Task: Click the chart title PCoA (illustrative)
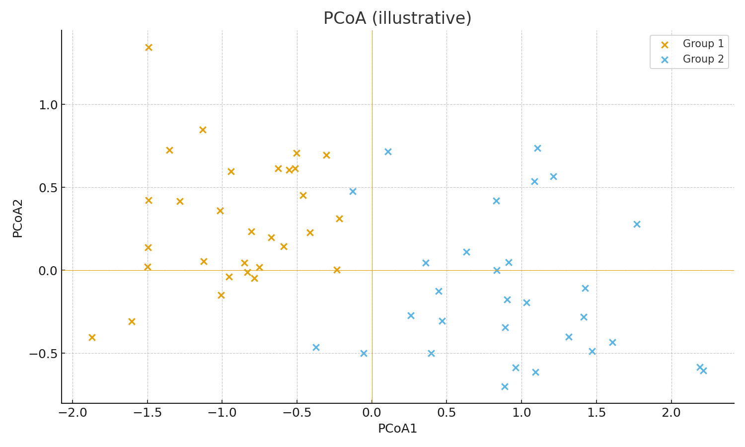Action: pyautogui.click(x=397, y=18)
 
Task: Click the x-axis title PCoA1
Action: pyautogui.click(x=397, y=429)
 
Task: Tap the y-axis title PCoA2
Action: pyautogui.click(x=18, y=218)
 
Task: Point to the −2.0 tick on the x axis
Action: pyautogui.click(x=73, y=413)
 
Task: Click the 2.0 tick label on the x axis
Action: pyautogui.click(x=671, y=413)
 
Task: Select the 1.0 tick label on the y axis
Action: pyautogui.click(x=48, y=105)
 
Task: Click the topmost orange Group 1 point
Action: pyautogui.click(x=149, y=47)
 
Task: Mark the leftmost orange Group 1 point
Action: pyautogui.click(x=92, y=337)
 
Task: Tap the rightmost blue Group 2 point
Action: pyautogui.click(x=703, y=371)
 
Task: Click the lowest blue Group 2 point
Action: pyautogui.click(x=505, y=386)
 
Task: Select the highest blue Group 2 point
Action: pyautogui.click(x=537, y=148)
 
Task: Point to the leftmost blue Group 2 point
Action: pyautogui.click(x=316, y=347)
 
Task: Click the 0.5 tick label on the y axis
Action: pyautogui.click(x=48, y=188)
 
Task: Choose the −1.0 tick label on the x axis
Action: pyautogui.click(x=222, y=413)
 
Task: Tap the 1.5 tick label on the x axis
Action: pyautogui.click(x=596, y=413)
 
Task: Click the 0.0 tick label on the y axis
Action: pyautogui.click(x=48, y=271)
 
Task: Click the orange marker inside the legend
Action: pyautogui.click(x=665, y=44)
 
